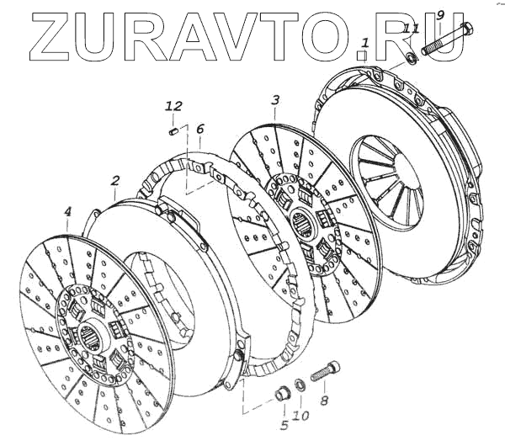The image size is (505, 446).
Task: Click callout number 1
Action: click(x=364, y=42)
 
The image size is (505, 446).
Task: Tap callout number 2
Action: click(x=115, y=180)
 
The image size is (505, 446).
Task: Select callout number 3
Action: click(x=274, y=101)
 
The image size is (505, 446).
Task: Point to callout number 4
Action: click(x=68, y=214)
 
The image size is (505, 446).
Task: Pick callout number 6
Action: click(x=199, y=130)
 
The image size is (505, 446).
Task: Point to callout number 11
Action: click(x=411, y=29)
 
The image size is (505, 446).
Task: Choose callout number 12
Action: click(x=173, y=106)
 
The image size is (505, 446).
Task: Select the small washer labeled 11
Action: click(x=412, y=59)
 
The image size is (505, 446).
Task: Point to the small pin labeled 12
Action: click(x=172, y=130)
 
